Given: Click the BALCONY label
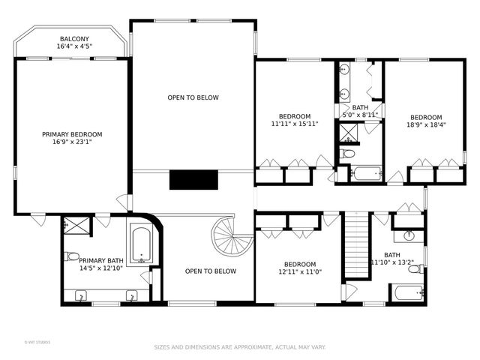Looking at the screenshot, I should point(74,39).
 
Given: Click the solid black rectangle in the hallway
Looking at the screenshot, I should point(193,180).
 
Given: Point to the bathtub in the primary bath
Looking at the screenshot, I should point(141,244).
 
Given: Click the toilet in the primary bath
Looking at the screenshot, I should point(73,256).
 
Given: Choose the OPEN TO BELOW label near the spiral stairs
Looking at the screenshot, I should point(211,271).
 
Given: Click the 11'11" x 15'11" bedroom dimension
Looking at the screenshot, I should point(295,124).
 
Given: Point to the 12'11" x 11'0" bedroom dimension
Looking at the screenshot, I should point(300,273).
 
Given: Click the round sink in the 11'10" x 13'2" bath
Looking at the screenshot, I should point(409,235).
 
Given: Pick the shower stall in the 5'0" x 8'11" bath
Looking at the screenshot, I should point(348,134).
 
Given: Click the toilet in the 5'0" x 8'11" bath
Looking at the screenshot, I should point(346,154).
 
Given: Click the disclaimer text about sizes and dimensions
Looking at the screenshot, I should point(240,347).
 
